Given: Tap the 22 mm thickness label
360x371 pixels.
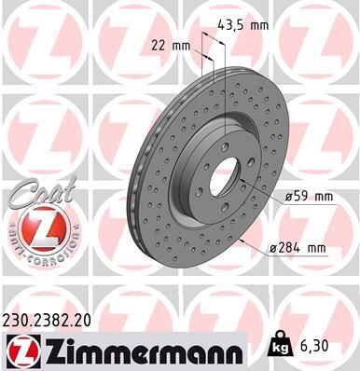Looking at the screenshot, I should click(170, 44).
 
